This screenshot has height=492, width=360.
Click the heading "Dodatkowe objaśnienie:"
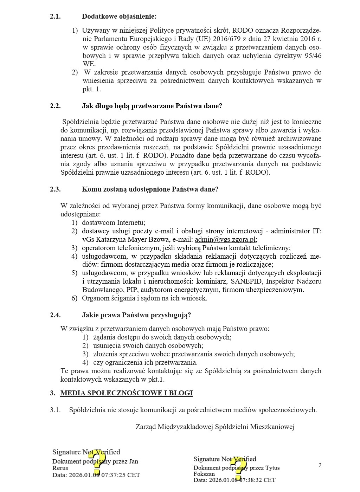click(x=119, y=17)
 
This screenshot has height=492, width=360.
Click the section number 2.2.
click(x=55, y=106)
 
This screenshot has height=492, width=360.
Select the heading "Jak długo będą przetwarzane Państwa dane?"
click(x=152, y=106)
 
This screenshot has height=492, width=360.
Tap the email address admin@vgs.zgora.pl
click(x=225, y=240)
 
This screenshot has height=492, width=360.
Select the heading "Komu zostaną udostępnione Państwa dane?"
click(x=150, y=189)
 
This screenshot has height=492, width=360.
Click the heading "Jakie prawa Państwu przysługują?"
click(x=136, y=315)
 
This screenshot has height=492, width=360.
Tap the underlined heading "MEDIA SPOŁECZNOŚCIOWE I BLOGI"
click(x=126, y=393)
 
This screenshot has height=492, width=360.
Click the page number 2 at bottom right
click(x=320, y=466)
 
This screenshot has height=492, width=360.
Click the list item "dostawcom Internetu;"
click(x=114, y=223)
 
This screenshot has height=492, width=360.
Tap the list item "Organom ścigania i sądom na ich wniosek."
click(x=144, y=298)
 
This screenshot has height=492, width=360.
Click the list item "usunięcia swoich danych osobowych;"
click(x=148, y=346)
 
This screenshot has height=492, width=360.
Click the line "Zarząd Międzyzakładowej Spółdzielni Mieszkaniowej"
click(x=215, y=427)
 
